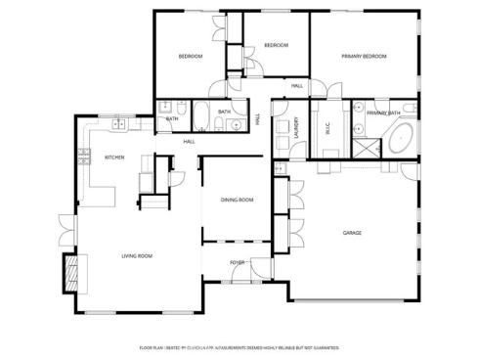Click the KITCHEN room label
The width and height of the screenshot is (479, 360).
113,157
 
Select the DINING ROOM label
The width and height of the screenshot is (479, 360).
237,200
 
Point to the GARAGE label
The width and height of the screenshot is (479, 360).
353,233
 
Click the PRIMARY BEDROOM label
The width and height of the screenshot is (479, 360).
364,57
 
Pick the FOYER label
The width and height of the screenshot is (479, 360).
237,262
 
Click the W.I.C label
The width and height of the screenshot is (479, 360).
327,126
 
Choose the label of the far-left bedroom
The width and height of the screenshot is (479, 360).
190,57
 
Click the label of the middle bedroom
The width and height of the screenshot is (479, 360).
276,45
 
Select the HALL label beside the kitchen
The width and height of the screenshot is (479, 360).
189,142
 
